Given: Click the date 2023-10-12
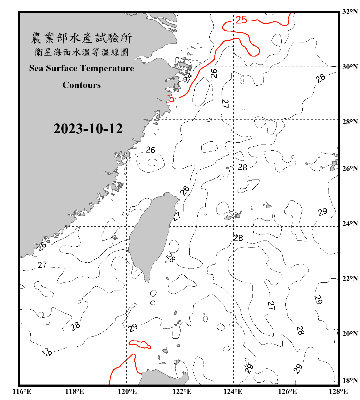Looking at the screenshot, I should click(x=88, y=129).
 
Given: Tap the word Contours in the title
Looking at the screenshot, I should click(x=82, y=85).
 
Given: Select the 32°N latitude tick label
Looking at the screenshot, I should click(x=350, y=12).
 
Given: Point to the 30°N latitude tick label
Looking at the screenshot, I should click(x=350, y=67).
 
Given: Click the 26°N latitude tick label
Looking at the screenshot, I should click(x=350, y=169).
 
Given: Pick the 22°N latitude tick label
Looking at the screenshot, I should click(x=350, y=279).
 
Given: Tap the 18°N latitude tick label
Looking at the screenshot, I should click(x=350, y=381).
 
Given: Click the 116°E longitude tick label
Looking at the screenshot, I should click(x=22, y=391).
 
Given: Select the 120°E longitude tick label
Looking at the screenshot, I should click(x=127, y=391).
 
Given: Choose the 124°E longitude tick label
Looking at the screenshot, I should click(x=233, y=391).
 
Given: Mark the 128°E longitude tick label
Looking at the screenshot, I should click(x=338, y=391).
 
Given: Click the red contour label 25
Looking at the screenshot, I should click(x=241, y=20).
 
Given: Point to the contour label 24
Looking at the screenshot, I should click(x=188, y=77).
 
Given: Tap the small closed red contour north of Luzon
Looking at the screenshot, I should click(x=140, y=344).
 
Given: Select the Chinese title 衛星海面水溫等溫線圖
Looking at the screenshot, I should click(x=81, y=52).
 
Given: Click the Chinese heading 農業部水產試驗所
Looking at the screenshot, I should click(x=81, y=38).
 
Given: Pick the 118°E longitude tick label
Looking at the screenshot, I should click(x=74, y=391).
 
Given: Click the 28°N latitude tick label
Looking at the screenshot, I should click(x=350, y=122).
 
